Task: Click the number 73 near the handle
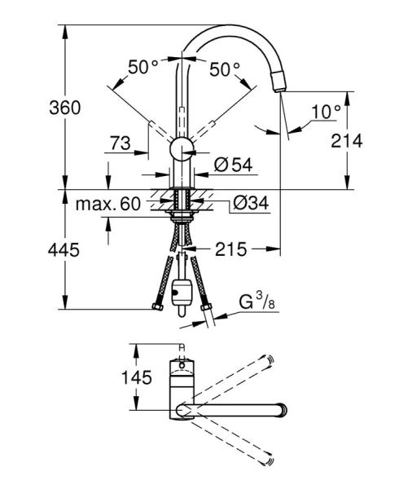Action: click(x=119, y=143)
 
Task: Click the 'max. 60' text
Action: click(x=108, y=202)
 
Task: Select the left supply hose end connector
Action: click(x=156, y=309)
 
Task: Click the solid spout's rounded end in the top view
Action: click(x=283, y=409)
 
